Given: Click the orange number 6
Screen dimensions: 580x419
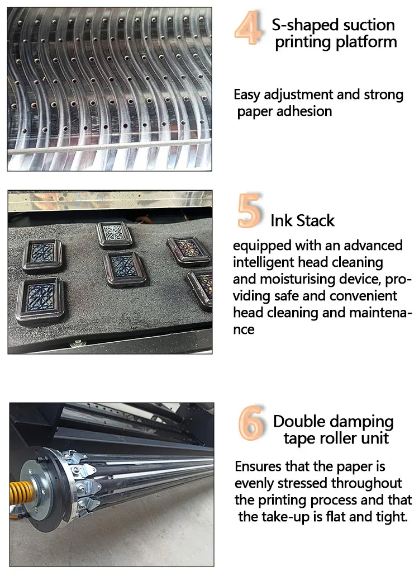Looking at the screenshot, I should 251,424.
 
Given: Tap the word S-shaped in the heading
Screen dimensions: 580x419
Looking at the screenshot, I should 302,25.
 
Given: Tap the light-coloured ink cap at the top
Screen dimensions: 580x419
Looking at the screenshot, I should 114,234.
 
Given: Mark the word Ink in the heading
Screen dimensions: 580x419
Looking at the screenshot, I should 281,220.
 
